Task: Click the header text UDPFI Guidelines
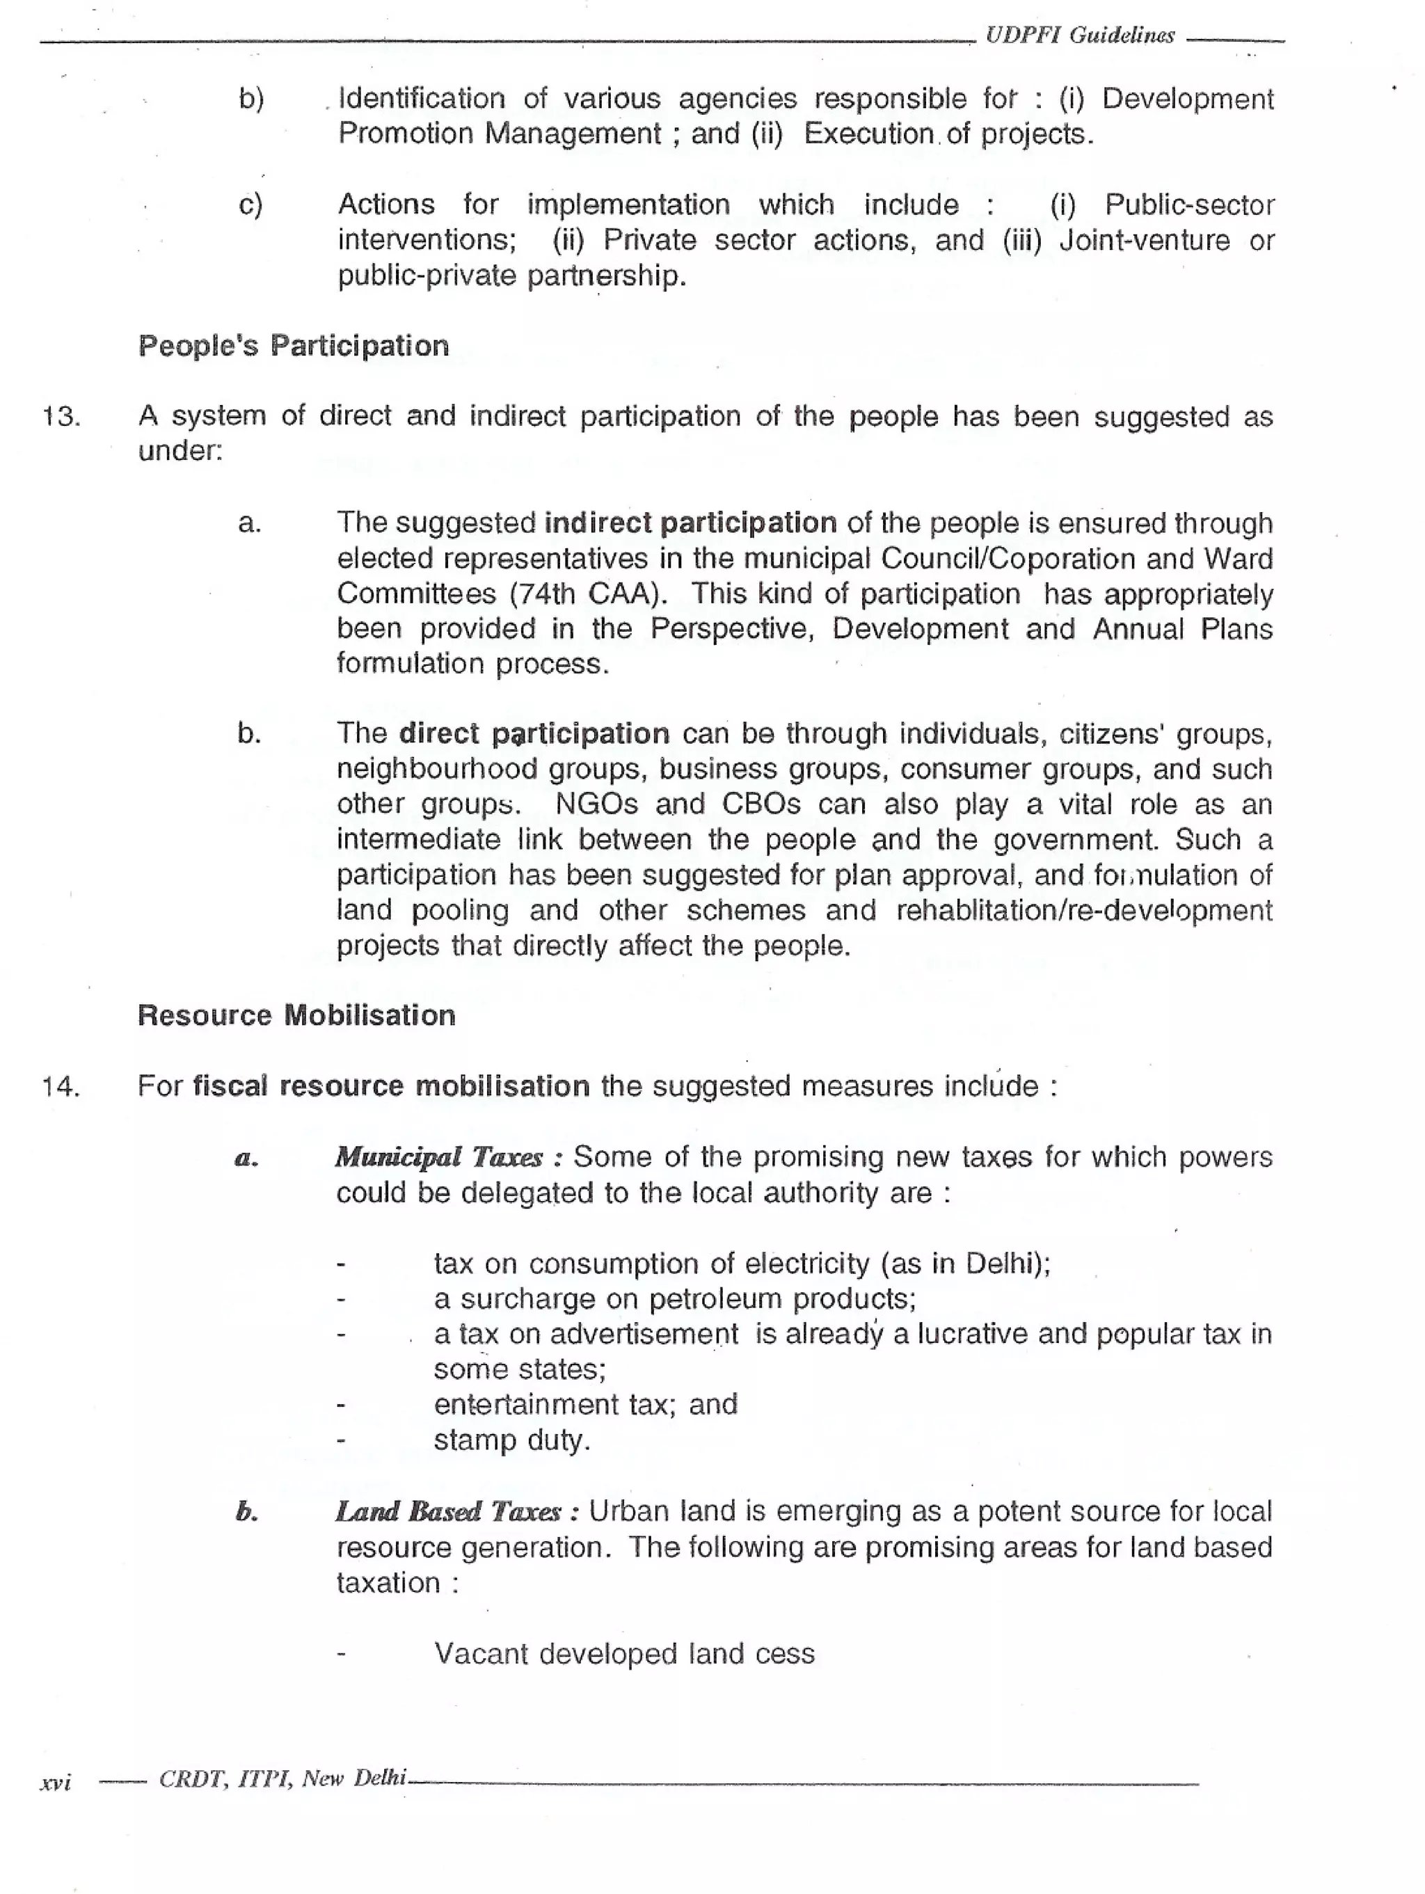(1079, 35)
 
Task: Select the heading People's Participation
(294, 346)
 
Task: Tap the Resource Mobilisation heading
(296, 1015)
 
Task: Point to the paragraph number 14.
(62, 1088)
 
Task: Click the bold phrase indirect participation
(690, 523)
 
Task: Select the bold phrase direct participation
(534, 734)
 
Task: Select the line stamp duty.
(512, 1440)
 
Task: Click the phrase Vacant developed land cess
(624, 1653)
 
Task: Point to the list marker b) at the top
(251, 99)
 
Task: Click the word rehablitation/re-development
(1083, 909)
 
